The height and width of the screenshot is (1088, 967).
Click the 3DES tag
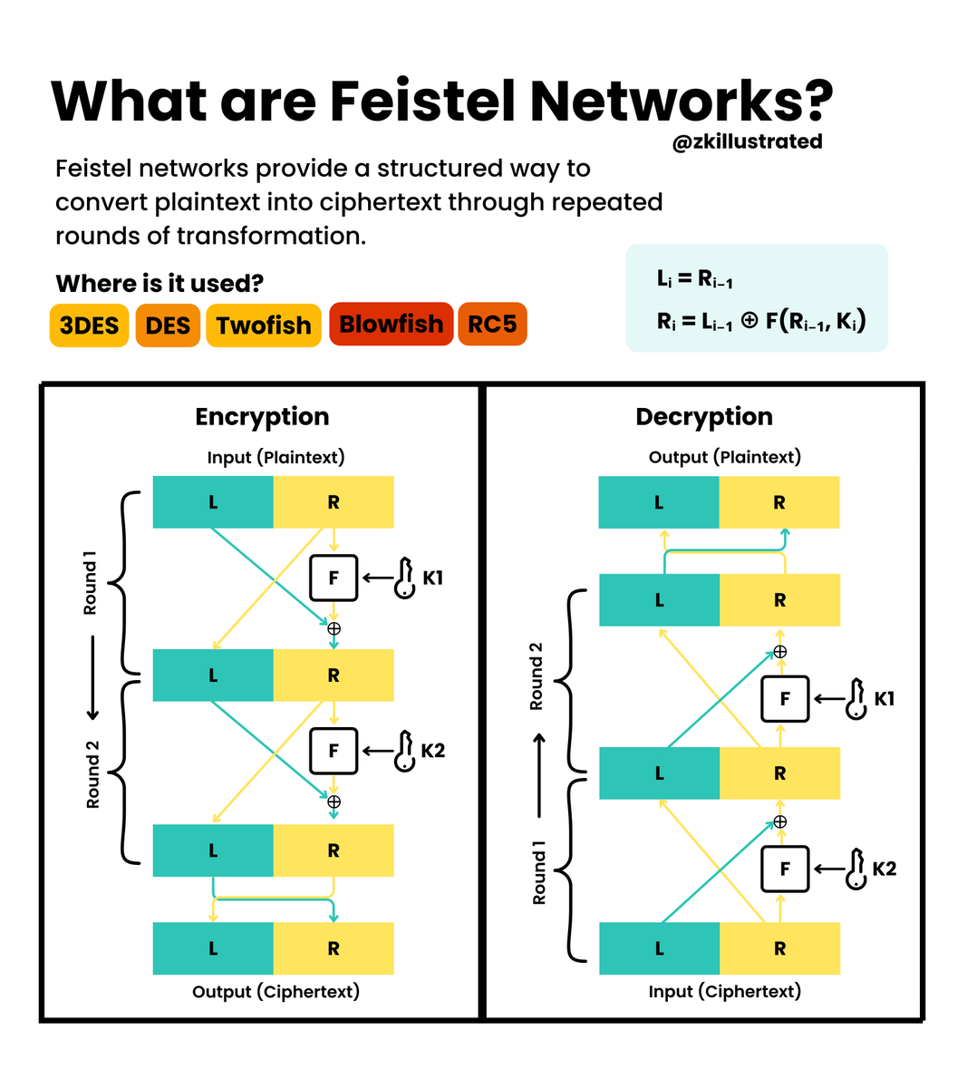click(x=89, y=325)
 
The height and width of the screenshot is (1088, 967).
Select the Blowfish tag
click(x=391, y=325)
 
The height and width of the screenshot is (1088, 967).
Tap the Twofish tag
click(x=263, y=325)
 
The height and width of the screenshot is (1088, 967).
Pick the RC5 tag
click(x=492, y=325)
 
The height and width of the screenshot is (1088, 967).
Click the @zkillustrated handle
click(x=747, y=141)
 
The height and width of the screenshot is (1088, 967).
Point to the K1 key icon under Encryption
click(x=404, y=578)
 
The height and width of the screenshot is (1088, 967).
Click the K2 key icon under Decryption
click(x=856, y=869)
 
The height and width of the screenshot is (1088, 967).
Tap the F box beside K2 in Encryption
click(x=334, y=751)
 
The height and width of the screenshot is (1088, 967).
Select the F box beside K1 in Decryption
click(x=785, y=699)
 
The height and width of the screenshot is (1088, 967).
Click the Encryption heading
click(x=262, y=417)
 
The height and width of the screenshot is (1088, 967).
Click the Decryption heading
click(x=704, y=417)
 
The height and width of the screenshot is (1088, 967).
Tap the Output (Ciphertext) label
click(x=276, y=992)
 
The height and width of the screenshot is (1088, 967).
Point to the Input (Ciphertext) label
click(x=724, y=992)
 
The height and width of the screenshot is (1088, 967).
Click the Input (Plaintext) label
click(x=276, y=458)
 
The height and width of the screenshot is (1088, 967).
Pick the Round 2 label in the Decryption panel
click(x=536, y=676)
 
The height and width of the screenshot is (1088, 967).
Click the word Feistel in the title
click(x=422, y=101)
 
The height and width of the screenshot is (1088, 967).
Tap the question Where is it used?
click(x=160, y=284)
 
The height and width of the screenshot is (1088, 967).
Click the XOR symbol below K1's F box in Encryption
click(x=334, y=628)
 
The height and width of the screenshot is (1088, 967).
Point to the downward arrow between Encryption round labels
click(x=92, y=678)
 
